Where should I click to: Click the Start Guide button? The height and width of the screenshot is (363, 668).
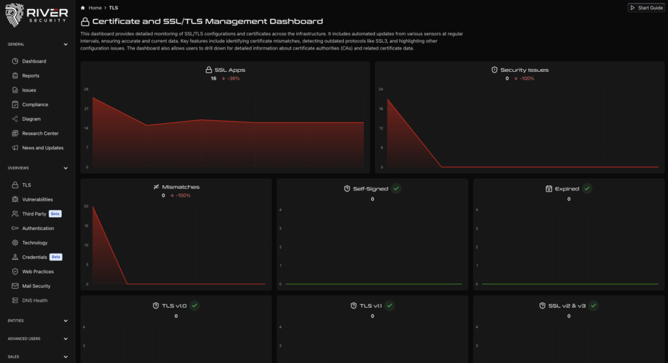coord(645,8)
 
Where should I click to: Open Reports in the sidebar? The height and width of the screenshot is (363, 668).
coord(31,76)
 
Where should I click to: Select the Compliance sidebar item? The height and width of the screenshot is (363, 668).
coord(35,104)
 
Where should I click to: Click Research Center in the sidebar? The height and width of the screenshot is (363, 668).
coord(40,134)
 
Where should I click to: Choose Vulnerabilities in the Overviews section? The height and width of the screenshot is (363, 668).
coord(37,199)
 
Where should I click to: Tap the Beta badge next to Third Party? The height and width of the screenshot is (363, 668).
coord(55,214)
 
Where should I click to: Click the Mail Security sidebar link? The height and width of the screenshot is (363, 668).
coord(36,286)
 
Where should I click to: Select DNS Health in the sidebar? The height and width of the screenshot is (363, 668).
coord(35,300)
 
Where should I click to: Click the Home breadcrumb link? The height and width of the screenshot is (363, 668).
coord(95,8)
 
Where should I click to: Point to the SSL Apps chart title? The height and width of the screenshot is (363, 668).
coord(230,70)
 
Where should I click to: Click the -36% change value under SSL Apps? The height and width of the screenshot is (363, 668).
coord(233,78)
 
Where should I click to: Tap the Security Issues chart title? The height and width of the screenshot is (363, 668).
coord(524,70)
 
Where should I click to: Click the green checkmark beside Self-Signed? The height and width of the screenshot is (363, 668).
coord(396,188)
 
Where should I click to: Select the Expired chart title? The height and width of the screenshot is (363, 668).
coord(566,189)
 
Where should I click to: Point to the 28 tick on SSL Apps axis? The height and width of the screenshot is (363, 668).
coord(86,89)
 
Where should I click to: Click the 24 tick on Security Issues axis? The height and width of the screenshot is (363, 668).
coord(380,89)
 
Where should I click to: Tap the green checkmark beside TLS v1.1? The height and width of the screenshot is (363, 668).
coord(389,306)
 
